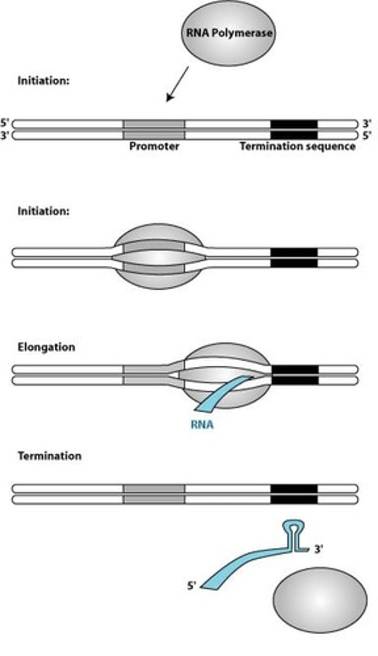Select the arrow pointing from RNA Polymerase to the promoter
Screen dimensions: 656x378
tap(178, 84)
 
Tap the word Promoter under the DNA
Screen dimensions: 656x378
tap(154, 147)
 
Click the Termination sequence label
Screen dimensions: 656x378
tap(298, 147)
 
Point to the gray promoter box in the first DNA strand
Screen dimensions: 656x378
tap(154, 129)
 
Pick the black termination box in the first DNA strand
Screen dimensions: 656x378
tap(294, 129)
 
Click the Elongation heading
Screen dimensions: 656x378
tap(46, 347)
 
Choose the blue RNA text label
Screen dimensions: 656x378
tap(202, 424)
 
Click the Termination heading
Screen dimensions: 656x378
tap(49, 455)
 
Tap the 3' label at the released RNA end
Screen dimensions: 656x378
tap(318, 550)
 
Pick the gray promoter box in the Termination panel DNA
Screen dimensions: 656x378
tap(154, 493)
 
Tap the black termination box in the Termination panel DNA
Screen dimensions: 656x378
tap(294, 493)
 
